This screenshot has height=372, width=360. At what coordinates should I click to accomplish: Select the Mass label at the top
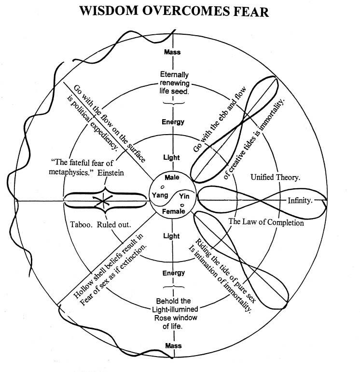pos(173,52)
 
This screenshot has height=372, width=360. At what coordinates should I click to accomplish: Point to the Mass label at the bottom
pos(173,346)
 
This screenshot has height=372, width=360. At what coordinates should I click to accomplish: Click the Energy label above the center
pos(173,122)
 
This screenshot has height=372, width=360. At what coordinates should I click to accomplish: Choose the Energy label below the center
pos(173,273)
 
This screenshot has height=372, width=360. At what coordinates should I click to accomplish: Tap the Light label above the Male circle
pos(172,158)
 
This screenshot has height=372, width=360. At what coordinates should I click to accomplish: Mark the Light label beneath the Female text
pos(172,236)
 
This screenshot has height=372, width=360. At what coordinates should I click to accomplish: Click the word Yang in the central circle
pos(160,195)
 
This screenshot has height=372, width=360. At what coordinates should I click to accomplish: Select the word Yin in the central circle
pos(184,196)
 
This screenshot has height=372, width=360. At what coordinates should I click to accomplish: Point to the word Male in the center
pos(172,178)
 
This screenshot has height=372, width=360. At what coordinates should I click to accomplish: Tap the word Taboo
pos(79,224)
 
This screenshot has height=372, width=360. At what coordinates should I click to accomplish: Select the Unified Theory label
pos(276,178)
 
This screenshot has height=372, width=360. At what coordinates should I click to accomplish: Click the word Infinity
pos(300,200)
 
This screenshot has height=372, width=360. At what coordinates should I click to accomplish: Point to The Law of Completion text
pos(266,222)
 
